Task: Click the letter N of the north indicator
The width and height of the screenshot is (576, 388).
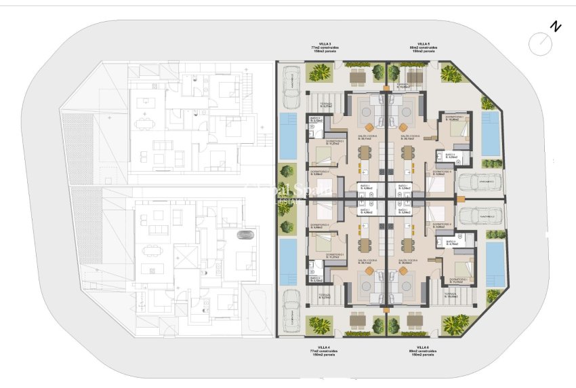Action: [x=556, y=27]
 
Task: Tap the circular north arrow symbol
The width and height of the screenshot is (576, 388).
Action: [x=541, y=45]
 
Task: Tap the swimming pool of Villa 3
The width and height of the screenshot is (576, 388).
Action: [x=287, y=133]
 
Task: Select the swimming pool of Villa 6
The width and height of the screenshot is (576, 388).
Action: [x=495, y=265]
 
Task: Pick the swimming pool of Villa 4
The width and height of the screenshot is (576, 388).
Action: [x=287, y=261]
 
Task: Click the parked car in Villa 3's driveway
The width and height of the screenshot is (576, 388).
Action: [x=291, y=85]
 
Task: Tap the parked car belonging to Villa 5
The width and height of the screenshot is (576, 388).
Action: [x=479, y=182]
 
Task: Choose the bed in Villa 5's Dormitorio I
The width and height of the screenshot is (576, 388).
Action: [x=458, y=129]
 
